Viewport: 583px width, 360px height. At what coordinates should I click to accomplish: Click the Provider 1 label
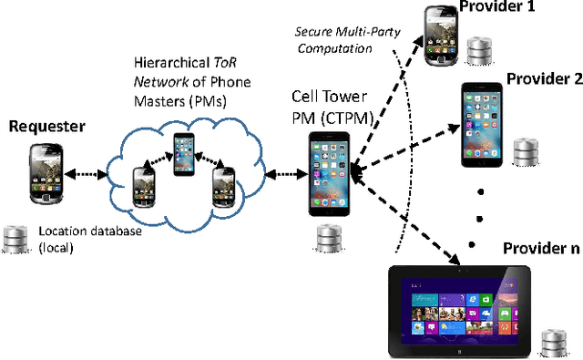pyautogui.click(x=495, y=8)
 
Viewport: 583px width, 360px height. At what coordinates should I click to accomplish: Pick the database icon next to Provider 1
pyautogui.click(x=482, y=53)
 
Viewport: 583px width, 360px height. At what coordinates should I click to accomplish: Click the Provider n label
pyautogui.click(x=541, y=249)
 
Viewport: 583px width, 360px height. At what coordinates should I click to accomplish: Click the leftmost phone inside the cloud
pyautogui.click(x=144, y=186)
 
